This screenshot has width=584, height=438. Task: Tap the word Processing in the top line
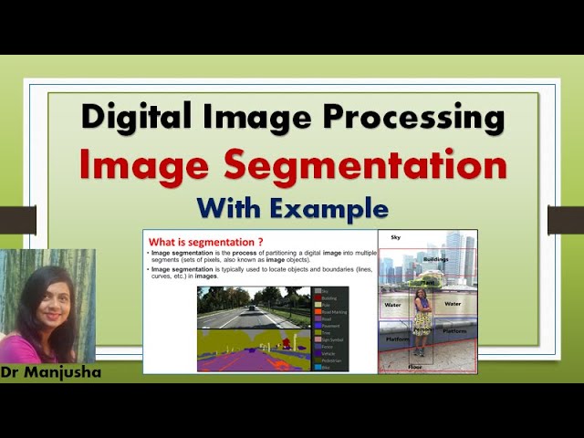tap(416, 118)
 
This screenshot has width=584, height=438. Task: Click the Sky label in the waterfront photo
tap(395, 237)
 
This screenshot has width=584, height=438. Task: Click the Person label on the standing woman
tap(422, 330)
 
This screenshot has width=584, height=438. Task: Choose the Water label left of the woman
tap(393, 304)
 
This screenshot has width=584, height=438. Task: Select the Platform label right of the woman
tap(454, 332)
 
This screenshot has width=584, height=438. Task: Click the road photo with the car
tap(253, 308)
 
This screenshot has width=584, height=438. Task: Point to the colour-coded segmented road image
tap(253, 351)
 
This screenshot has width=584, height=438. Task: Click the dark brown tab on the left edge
tap(17, 219)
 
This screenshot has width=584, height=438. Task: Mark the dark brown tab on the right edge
tap(566, 219)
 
